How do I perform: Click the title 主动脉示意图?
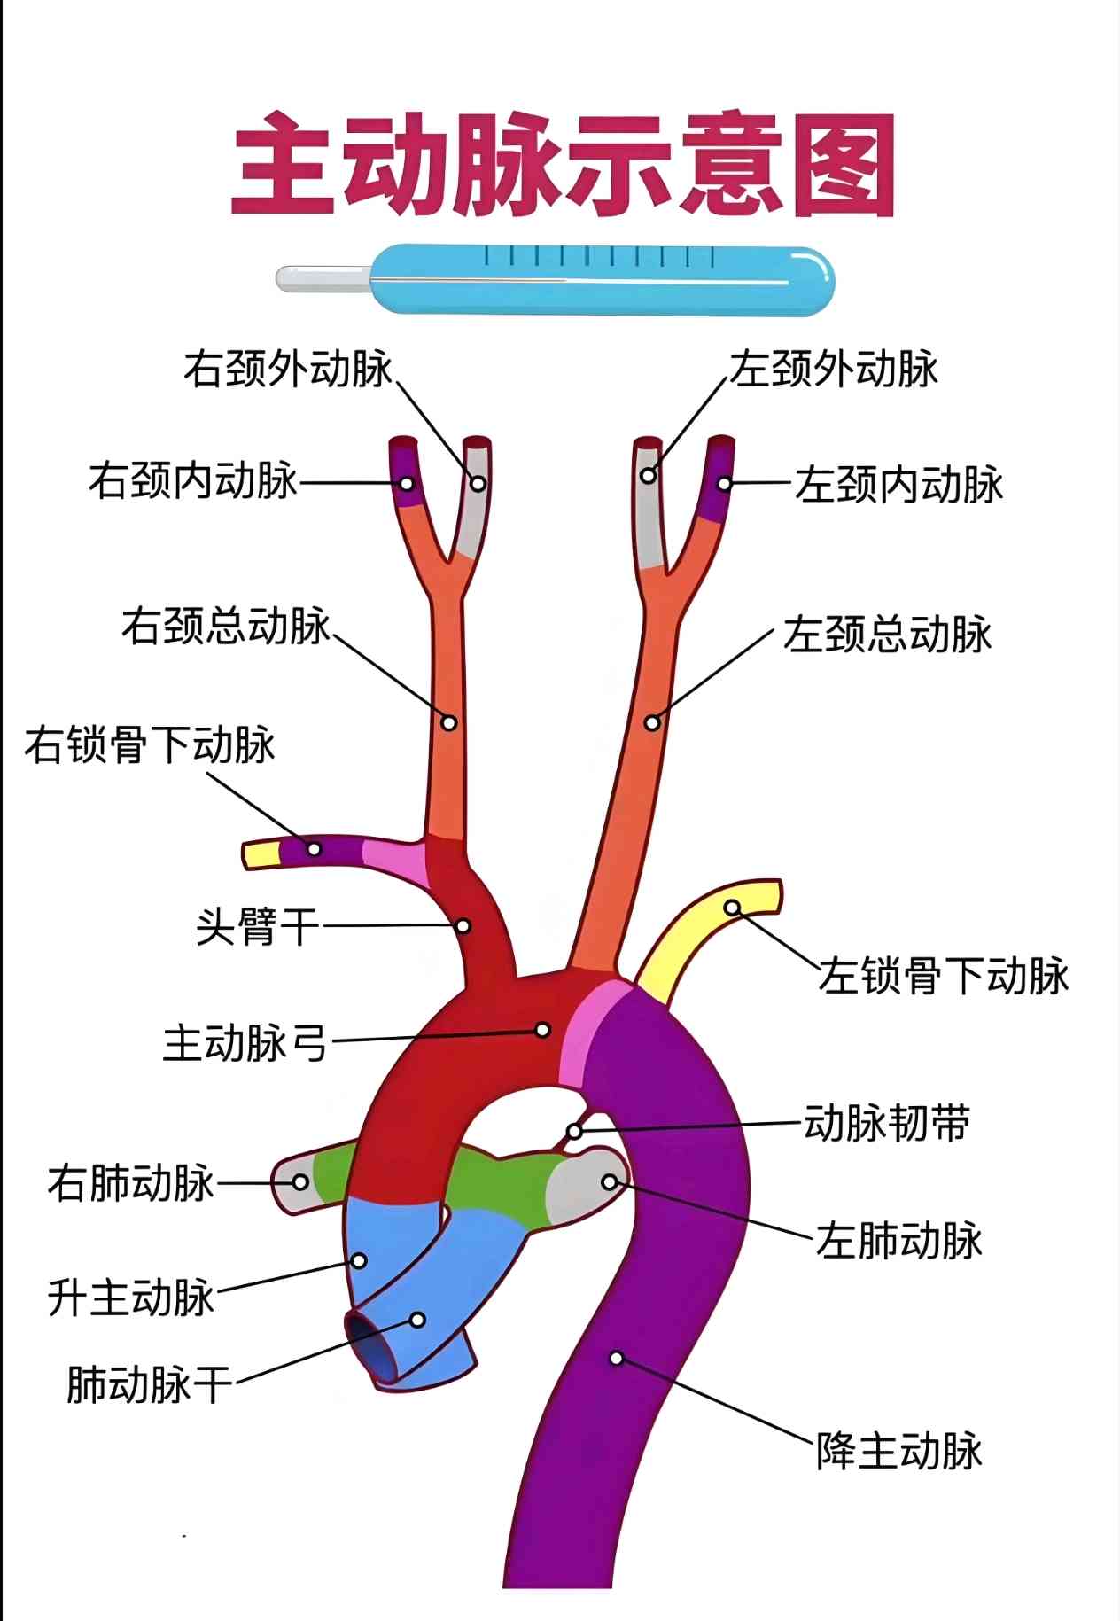[564, 165]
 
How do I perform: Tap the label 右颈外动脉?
[287, 369]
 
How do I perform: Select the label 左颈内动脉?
[898, 485]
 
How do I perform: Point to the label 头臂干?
[257, 927]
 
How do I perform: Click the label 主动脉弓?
[245, 1042]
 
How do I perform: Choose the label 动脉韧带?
[887, 1123]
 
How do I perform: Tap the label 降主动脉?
[899, 1451]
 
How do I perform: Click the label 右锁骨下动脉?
[150, 744]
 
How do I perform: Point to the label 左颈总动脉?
[887, 635]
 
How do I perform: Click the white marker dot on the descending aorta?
[617, 1359]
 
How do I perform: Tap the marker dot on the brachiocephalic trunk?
[463, 926]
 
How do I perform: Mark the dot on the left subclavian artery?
[732, 908]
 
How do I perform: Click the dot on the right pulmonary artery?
[300, 1182]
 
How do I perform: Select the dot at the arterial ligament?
[574, 1132]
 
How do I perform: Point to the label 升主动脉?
[131, 1298]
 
